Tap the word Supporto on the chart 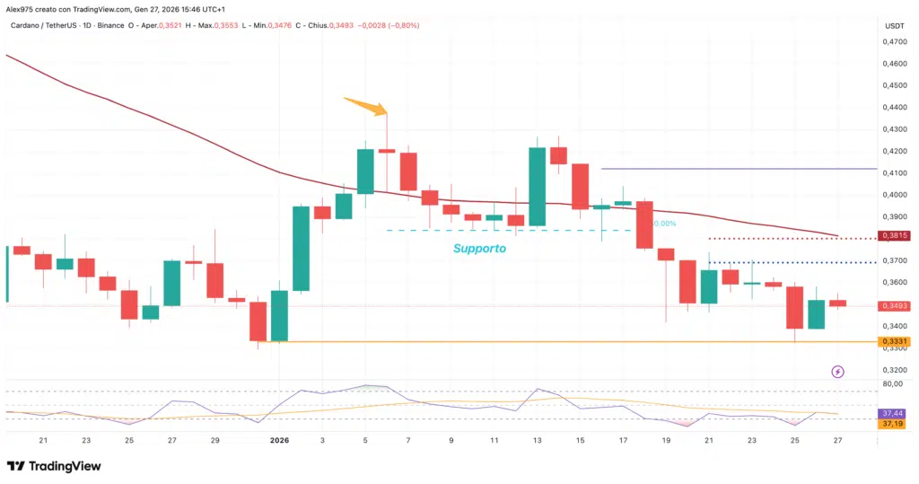(479, 248)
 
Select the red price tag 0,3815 (893, 235)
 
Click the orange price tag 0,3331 (893, 341)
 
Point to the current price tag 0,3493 (894, 305)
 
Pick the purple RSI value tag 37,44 (893, 412)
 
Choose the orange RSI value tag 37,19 (893, 423)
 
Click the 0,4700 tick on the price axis (893, 41)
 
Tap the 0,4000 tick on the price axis (893, 195)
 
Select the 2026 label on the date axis (280, 441)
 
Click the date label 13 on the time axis (538, 441)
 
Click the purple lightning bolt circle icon (837, 371)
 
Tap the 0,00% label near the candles (665, 224)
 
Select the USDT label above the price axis (894, 25)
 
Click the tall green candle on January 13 (538, 186)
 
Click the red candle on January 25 (794, 307)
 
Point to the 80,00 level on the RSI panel (893, 384)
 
